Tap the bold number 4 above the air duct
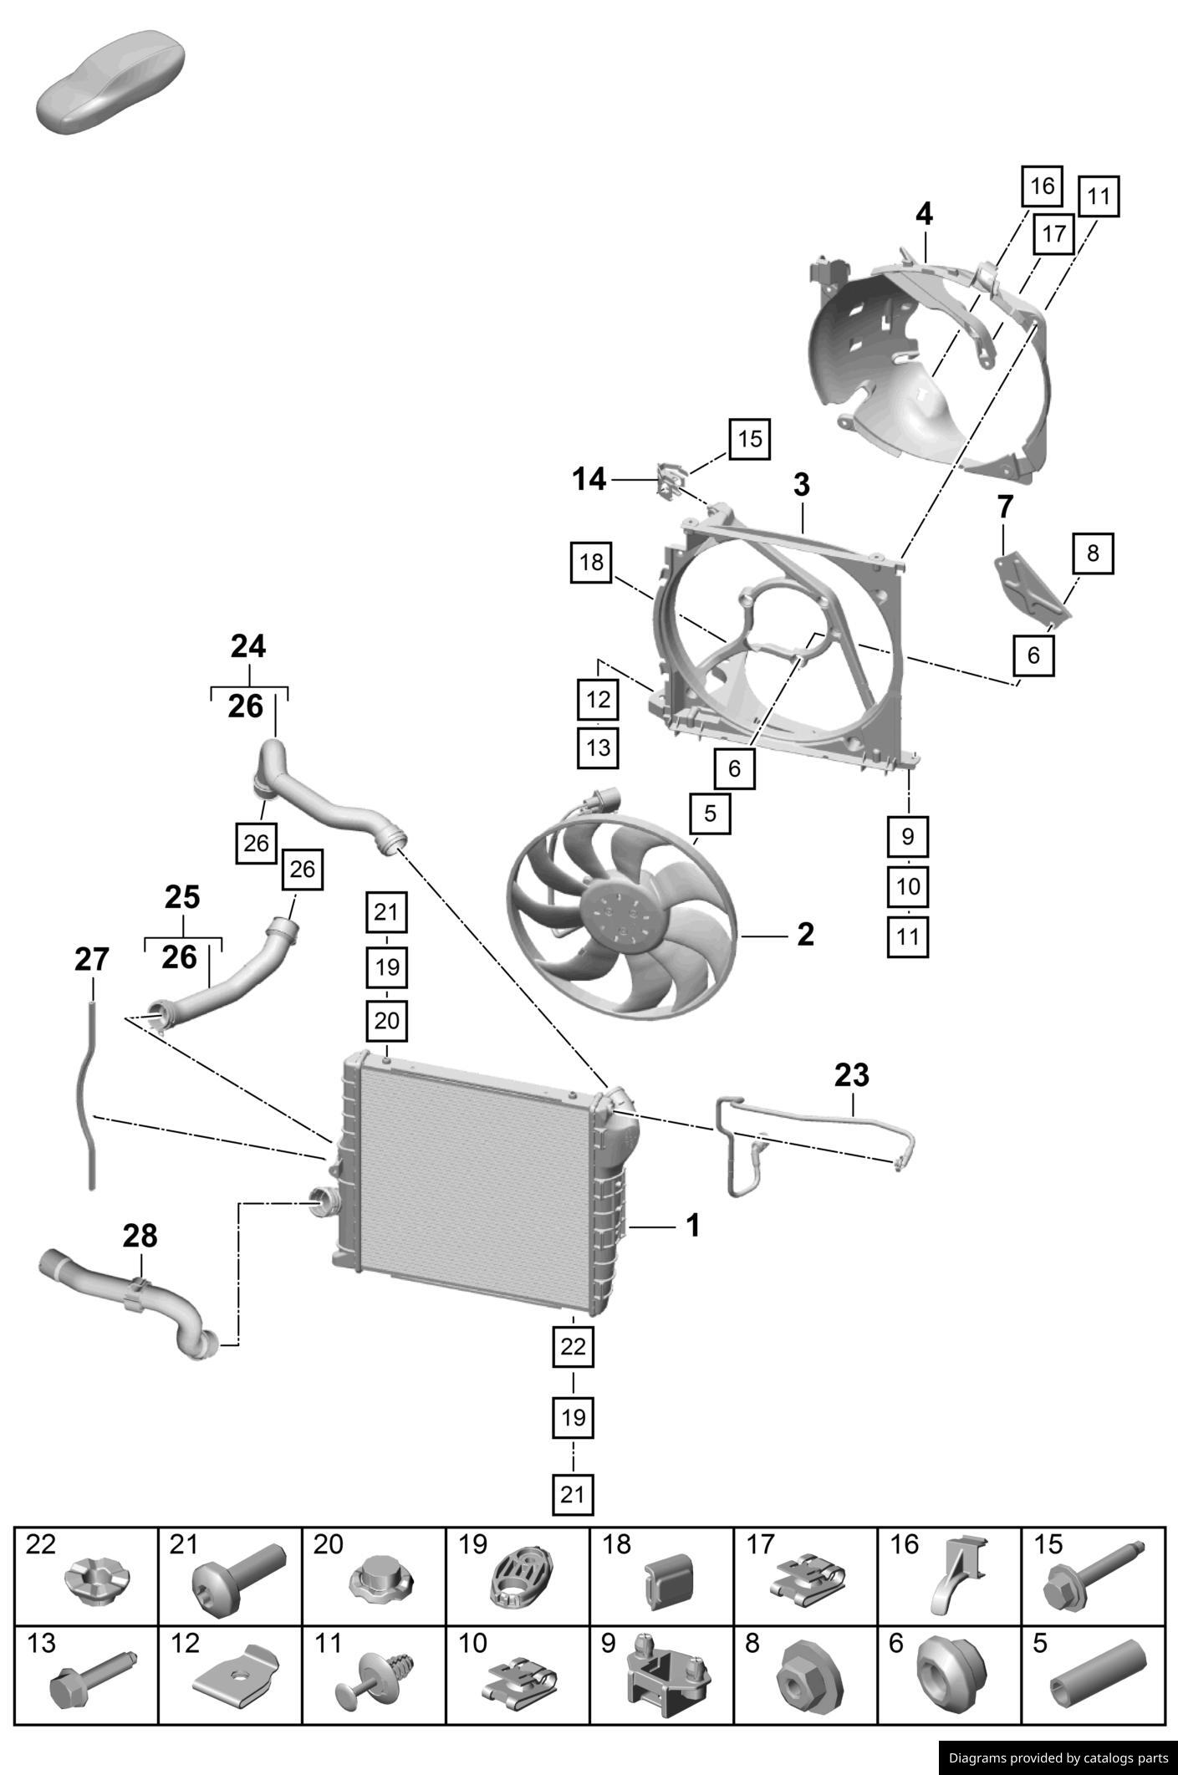click(924, 215)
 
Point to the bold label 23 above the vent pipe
click(851, 1075)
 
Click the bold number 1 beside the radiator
click(692, 1226)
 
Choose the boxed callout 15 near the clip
click(749, 439)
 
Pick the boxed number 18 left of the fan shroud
click(591, 562)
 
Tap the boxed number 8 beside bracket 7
click(1093, 553)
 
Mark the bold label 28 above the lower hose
click(140, 1236)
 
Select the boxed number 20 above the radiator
click(386, 1021)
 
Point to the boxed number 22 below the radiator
click(573, 1346)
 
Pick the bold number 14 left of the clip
click(589, 480)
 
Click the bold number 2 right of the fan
click(805, 935)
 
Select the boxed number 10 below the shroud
click(908, 886)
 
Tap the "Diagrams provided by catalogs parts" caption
click(1058, 1758)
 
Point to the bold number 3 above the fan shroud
click(801, 485)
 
